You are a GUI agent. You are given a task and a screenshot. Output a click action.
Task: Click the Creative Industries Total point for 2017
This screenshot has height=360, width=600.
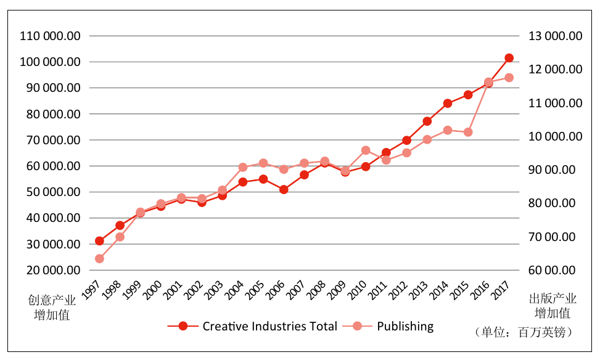tap(509, 58)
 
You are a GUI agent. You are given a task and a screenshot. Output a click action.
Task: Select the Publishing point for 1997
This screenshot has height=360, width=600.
tap(99, 259)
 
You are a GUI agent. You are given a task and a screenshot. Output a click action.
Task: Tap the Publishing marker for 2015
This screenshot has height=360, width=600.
tap(468, 132)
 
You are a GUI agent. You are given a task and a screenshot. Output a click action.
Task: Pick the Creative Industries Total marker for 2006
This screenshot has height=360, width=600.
tap(284, 190)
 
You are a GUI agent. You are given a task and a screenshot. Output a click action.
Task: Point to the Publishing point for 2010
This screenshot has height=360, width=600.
tap(366, 150)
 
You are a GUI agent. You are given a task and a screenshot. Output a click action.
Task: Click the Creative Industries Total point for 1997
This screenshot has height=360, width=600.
tap(99, 241)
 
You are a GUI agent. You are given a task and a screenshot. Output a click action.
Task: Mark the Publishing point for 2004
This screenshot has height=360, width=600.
tap(243, 167)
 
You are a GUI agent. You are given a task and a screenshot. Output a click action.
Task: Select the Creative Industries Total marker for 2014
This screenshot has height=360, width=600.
tap(448, 104)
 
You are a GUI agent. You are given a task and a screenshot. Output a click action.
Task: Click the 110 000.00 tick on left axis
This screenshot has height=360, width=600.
tap(50, 36)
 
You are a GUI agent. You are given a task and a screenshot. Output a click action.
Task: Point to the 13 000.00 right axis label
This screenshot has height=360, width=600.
tap(555, 36)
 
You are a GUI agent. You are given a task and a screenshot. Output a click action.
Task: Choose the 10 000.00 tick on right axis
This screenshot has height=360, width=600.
tap(555, 136)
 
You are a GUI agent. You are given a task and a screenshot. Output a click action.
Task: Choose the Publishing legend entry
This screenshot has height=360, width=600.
tap(405, 326)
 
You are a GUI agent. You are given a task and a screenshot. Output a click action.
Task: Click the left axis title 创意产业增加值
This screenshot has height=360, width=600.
tap(51, 308)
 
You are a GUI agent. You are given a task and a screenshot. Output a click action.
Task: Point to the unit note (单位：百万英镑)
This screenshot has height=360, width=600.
tap(525, 332)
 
